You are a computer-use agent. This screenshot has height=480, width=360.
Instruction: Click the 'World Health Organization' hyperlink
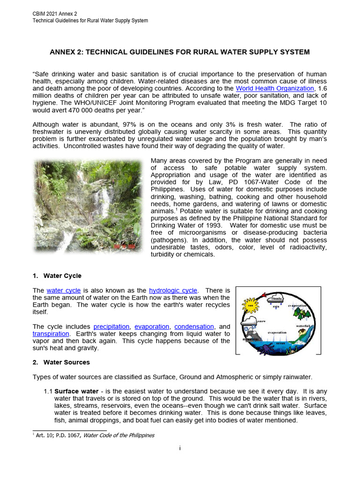[275, 88]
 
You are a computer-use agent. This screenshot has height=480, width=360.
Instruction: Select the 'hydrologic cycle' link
[173, 291]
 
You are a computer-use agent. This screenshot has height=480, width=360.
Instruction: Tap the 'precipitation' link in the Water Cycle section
[112, 326]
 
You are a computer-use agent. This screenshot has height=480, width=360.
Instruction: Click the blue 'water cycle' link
[64, 291]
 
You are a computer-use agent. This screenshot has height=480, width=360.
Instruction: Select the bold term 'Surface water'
[76, 391]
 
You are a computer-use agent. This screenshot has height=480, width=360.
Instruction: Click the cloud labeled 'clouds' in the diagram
[277, 299]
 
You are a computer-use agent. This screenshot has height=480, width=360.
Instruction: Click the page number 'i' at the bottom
[180, 448]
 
